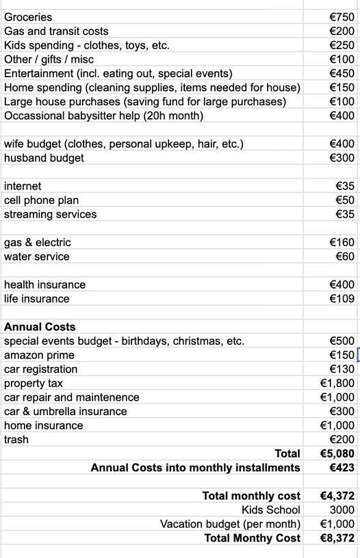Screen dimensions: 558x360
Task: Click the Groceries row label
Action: [x=28, y=17]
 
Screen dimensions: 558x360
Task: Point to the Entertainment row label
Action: [x=118, y=73]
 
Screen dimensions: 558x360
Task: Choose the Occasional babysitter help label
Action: [x=103, y=116]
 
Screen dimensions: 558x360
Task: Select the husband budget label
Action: [x=44, y=158]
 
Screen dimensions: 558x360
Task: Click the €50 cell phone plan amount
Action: [x=345, y=200]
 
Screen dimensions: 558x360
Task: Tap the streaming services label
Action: [x=50, y=214]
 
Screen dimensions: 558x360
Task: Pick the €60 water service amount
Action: [x=345, y=256]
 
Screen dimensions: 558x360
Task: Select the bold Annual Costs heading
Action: [x=40, y=327]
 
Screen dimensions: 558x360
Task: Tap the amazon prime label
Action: [x=39, y=355]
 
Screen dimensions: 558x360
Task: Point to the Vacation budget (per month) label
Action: [x=230, y=524]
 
